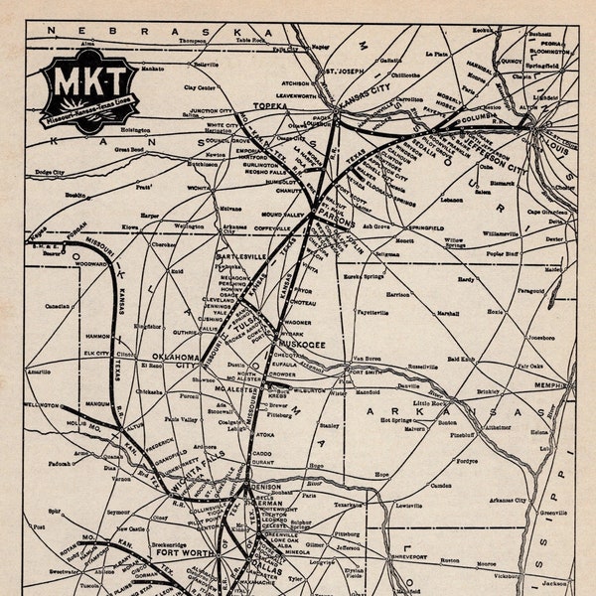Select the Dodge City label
pos(50,173)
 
